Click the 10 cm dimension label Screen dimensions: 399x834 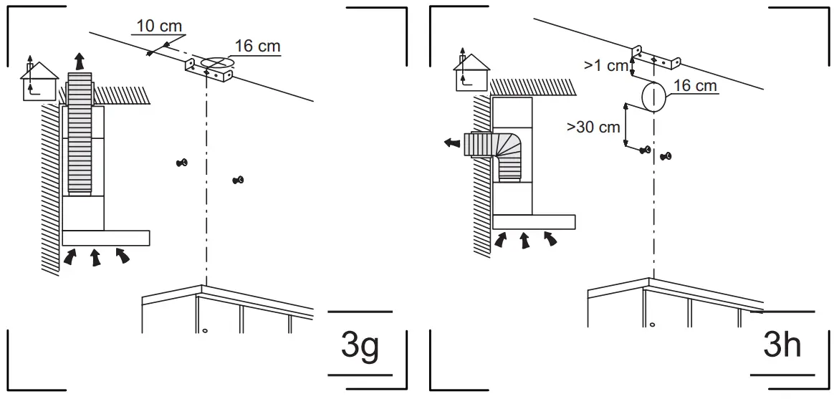pos(159,26)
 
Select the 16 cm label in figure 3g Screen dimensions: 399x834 pos(258,47)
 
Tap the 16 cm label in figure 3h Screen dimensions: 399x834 pos(696,85)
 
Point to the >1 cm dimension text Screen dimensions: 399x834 pos(605,65)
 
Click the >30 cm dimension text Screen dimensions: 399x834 pos(593,127)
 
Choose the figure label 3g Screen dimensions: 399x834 pos(359,346)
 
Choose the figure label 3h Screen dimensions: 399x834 pos(782,346)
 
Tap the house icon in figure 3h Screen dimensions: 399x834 pos(471,72)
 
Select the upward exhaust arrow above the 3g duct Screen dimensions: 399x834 pos(81,59)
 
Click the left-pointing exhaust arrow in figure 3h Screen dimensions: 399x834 pos(451,143)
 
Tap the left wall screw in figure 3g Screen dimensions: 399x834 pos(182,163)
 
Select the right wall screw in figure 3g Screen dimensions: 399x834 pos(238,180)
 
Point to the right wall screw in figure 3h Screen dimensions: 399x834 pos(666,155)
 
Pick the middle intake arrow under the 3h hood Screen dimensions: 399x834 pos(525,241)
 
